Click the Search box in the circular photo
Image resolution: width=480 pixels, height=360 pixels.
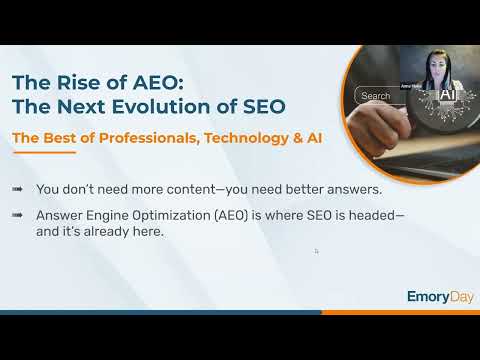378,96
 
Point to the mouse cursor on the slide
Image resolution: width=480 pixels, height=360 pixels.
316,251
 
